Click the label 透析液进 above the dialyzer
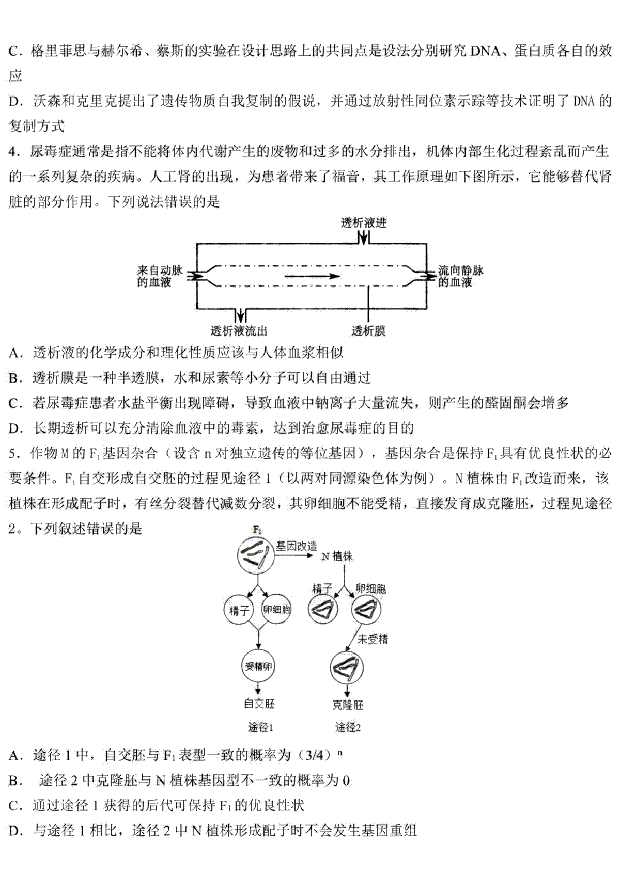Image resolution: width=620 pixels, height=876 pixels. [x=364, y=223]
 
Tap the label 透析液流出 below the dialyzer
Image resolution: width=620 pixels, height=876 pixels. [x=239, y=331]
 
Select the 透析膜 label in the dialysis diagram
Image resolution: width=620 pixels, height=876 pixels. [x=368, y=331]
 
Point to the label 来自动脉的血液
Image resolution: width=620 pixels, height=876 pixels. [x=160, y=276]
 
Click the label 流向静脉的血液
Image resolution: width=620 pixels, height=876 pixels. [x=460, y=276]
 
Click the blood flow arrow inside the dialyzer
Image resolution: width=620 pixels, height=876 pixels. [x=313, y=276]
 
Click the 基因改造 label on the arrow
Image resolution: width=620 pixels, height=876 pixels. [x=296, y=546]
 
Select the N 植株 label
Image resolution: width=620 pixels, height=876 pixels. [x=337, y=556]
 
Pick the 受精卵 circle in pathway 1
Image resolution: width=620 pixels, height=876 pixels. [x=258, y=666]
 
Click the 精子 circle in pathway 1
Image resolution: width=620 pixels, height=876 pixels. [x=239, y=610]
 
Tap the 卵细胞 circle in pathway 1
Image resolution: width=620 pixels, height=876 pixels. [x=277, y=610]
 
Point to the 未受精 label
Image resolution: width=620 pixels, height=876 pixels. [x=373, y=640]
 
